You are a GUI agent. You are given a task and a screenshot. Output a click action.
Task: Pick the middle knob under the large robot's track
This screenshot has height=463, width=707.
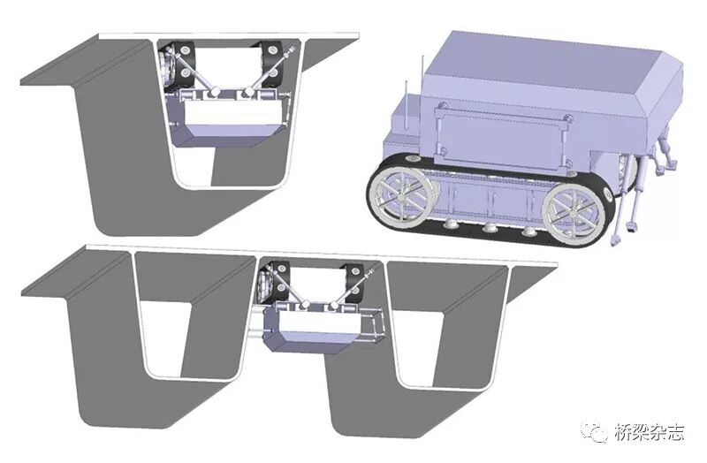coord(490,228)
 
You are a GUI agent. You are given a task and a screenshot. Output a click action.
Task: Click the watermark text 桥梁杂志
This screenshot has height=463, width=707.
coord(650,432)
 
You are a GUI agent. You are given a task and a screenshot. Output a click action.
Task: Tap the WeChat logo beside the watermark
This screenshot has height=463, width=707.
coord(595,432)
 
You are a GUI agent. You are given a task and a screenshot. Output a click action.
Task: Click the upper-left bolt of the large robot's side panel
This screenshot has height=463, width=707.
coord(443,106)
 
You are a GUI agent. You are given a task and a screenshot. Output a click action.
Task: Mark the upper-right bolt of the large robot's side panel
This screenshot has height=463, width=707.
coord(568,118)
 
